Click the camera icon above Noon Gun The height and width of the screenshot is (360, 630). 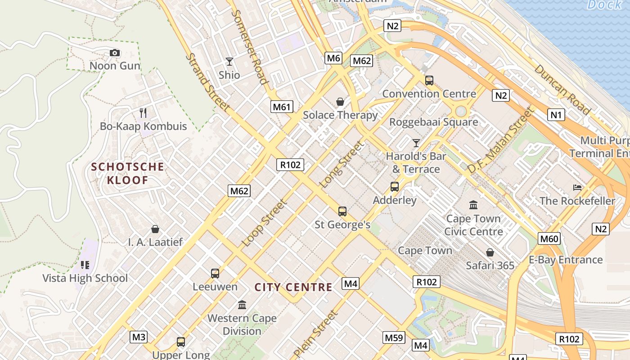click(x=115, y=53)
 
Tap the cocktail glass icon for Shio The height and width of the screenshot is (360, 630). click(x=229, y=62)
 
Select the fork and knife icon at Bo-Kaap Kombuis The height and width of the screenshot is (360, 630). click(x=143, y=112)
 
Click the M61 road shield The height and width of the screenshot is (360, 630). click(x=282, y=107)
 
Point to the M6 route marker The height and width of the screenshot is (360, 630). click(x=333, y=58)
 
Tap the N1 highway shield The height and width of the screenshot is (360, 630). click(x=557, y=115)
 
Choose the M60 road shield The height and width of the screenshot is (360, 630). click(x=549, y=238)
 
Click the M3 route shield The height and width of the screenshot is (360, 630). click(x=139, y=337)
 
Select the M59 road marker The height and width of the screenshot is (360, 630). click(x=394, y=337)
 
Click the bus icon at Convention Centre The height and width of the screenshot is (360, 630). click(x=429, y=81)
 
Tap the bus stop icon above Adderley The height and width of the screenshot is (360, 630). click(x=395, y=186)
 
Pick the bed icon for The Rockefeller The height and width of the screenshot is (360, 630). click(x=577, y=187)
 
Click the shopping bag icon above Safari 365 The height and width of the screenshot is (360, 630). click(x=490, y=252)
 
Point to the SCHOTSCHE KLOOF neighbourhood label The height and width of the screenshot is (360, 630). click(x=128, y=174)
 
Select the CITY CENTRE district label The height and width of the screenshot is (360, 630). click(x=293, y=287)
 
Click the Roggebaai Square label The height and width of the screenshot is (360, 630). click(x=433, y=122)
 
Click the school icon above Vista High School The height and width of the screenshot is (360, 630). click(x=85, y=265)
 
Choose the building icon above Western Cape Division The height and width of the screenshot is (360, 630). click(x=242, y=305)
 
